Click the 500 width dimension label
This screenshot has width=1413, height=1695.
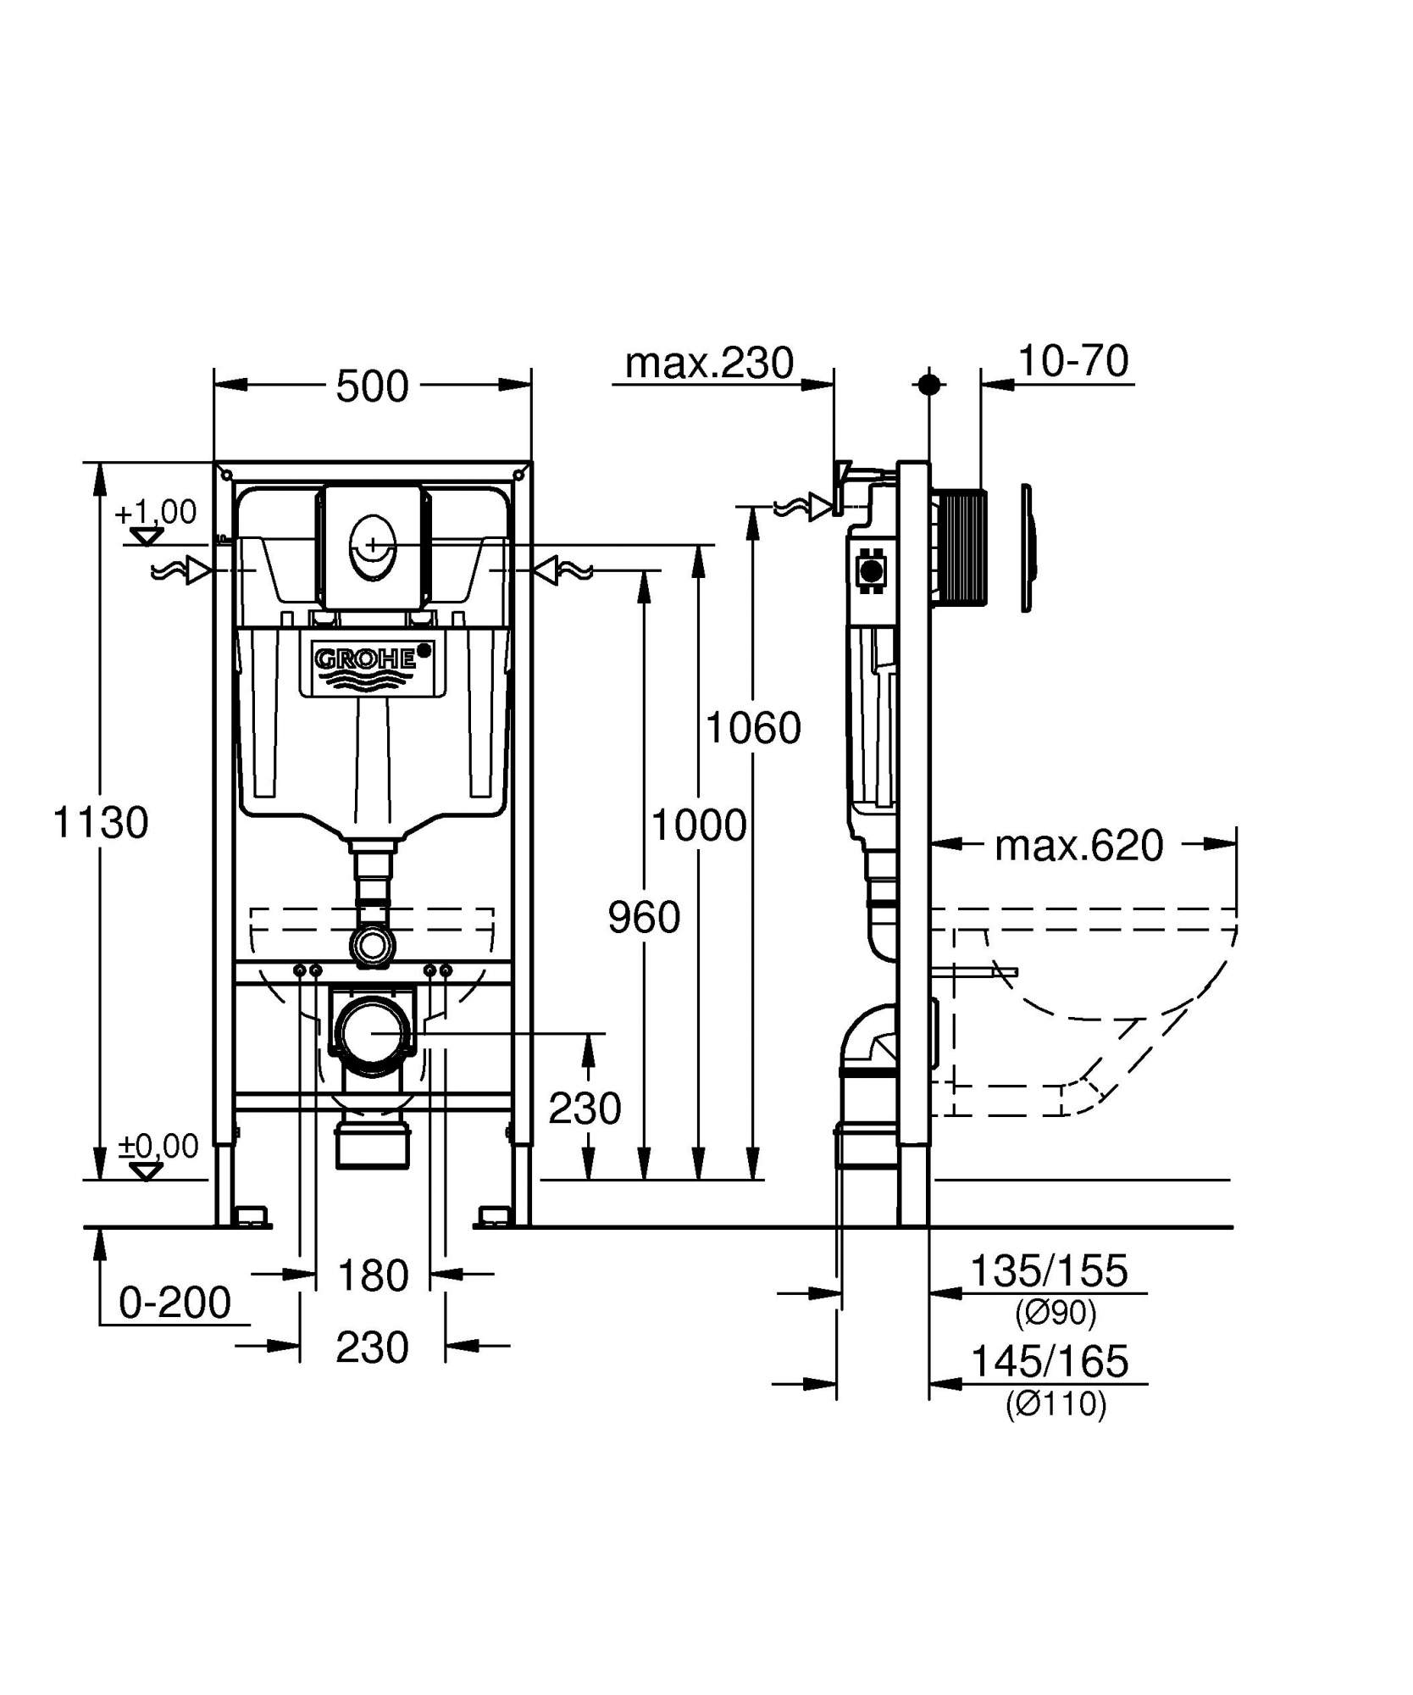[x=372, y=386]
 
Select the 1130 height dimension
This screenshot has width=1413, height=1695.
[x=101, y=822]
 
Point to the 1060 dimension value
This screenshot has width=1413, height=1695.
[x=753, y=727]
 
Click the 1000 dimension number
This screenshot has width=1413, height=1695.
[x=698, y=825]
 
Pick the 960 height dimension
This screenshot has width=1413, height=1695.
[x=644, y=917]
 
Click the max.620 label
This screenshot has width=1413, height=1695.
[x=1078, y=845]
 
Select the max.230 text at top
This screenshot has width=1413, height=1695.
[x=709, y=363]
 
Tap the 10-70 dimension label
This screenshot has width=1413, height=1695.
[x=1072, y=361]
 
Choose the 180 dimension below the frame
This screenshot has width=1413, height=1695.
[x=373, y=1275]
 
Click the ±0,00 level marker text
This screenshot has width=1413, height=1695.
[x=158, y=1146]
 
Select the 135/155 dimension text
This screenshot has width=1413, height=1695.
[x=1048, y=1270]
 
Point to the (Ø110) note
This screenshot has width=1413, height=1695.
[x=1056, y=1404]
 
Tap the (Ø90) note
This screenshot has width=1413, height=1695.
[x=1056, y=1313]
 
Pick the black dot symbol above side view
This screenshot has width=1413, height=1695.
[x=929, y=384]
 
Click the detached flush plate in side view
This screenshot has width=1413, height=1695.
[x=1027, y=547]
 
